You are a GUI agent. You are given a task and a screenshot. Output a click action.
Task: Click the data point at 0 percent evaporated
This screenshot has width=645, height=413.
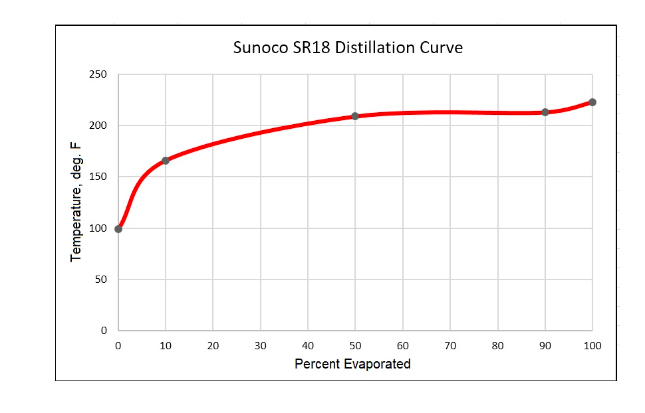[x=118, y=229]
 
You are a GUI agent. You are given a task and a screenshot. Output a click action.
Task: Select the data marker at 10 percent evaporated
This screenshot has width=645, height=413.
[x=166, y=161]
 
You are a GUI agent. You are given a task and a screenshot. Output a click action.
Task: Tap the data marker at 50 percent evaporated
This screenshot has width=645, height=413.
[x=355, y=116]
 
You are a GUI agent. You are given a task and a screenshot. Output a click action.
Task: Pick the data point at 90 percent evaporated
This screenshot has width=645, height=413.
[x=545, y=112]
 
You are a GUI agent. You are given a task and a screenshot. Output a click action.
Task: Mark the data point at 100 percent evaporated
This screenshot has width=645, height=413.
[x=592, y=102]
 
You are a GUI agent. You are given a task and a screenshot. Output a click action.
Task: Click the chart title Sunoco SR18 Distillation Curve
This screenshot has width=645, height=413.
[x=348, y=48]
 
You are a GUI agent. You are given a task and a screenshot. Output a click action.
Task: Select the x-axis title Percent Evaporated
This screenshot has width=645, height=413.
[x=352, y=364]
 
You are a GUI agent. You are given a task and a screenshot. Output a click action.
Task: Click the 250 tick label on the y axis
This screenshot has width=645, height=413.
[x=98, y=74]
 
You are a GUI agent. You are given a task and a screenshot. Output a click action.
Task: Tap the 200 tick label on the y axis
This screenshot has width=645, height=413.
[x=98, y=125]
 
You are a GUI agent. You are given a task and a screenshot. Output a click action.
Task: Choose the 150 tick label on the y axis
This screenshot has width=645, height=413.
[x=98, y=177]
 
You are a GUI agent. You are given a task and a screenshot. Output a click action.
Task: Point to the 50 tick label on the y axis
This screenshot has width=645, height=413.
[x=100, y=280]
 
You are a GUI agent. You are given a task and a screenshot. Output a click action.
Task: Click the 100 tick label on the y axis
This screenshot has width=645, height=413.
[x=98, y=228]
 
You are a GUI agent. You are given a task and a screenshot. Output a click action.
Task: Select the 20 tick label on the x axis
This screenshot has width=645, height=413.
[x=213, y=345]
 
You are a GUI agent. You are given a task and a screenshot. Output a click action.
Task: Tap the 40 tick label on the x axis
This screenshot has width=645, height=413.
[x=308, y=345]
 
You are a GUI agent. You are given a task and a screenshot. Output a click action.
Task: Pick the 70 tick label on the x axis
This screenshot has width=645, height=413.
[x=450, y=345]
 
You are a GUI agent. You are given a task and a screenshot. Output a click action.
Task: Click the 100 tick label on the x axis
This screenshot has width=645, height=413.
[x=592, y=345]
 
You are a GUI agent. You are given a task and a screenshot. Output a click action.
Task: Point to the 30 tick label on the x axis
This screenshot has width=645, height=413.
[x=261, y=345]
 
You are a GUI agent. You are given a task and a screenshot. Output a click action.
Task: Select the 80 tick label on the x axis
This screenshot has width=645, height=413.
[x=497, y=345]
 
